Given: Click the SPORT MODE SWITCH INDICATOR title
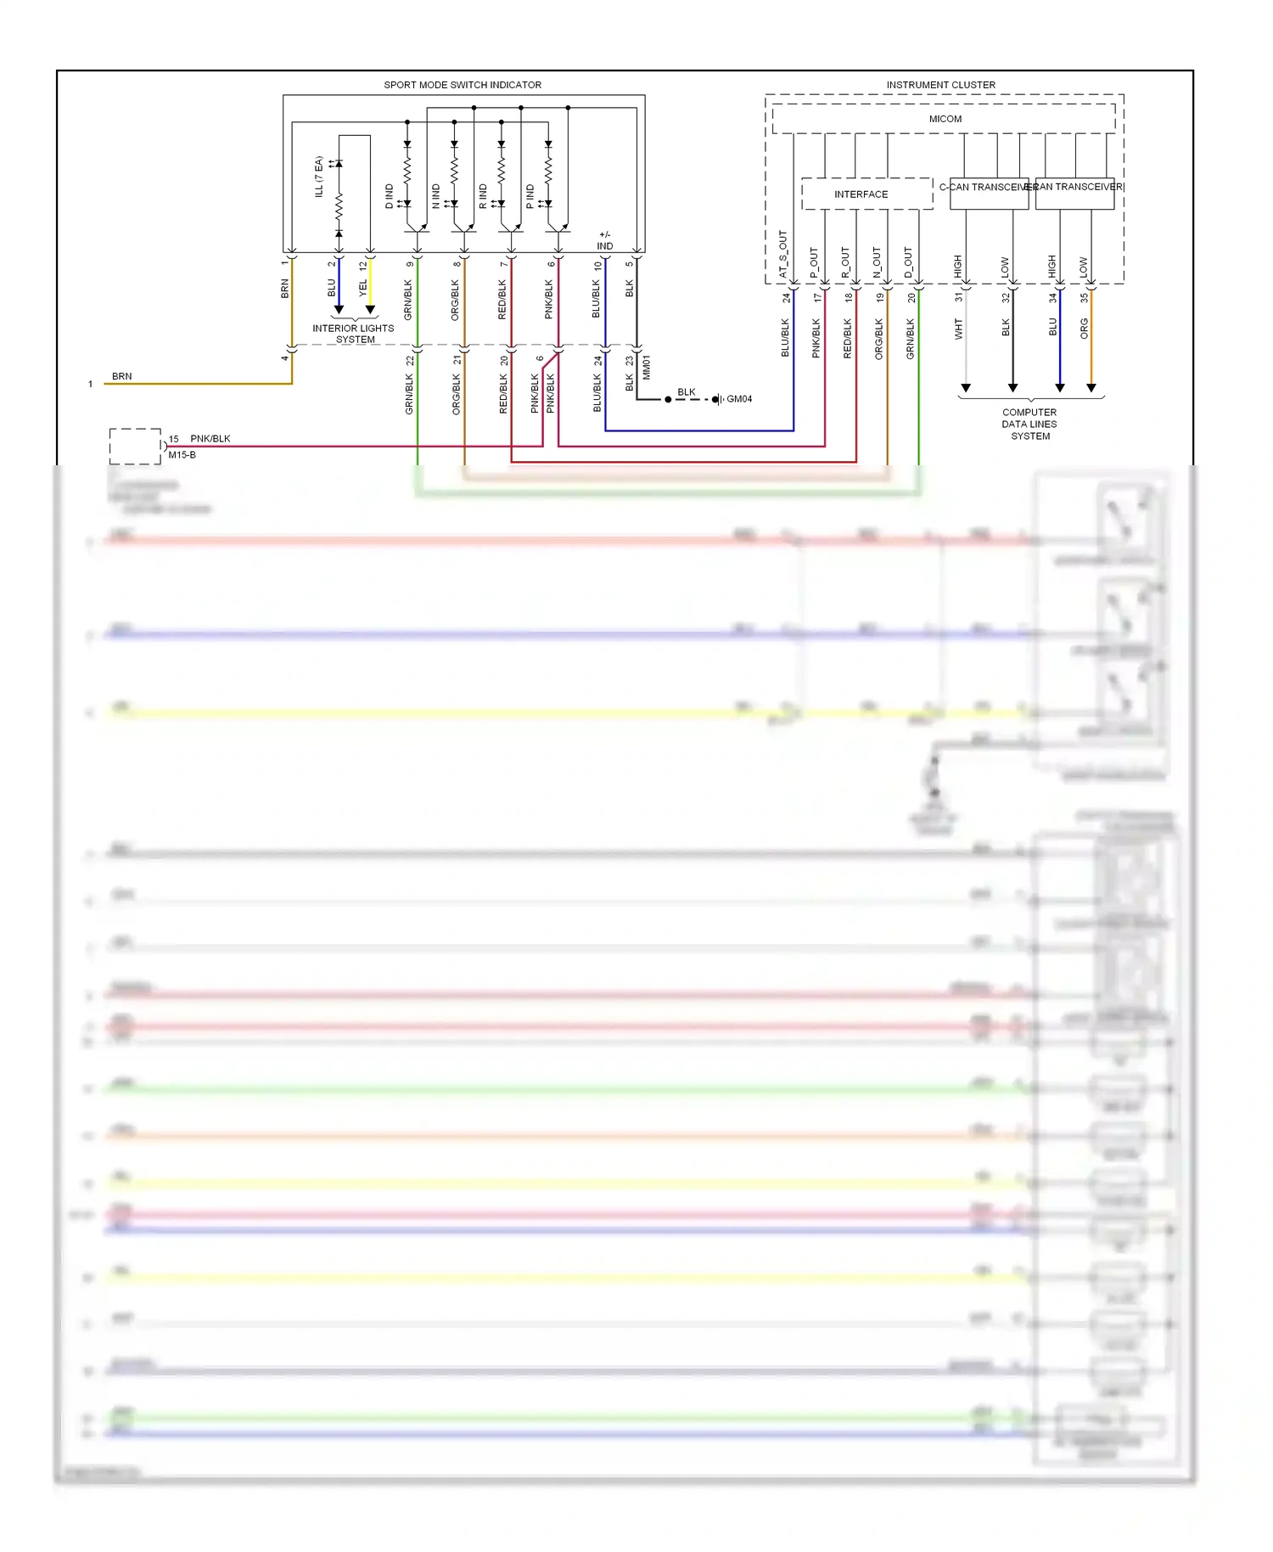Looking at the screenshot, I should (x=462, y=85).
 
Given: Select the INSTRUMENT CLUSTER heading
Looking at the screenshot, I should (x=940, y=85).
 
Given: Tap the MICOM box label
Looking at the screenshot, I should (x=945, y=119).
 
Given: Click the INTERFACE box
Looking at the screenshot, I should (x=861, y=194).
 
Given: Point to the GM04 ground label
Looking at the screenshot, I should (x=739, y=399).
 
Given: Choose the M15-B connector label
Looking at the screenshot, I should (x=182, y=455).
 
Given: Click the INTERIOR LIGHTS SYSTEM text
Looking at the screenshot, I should (x=353, y=334).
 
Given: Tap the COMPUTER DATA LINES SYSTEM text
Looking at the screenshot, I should (x=1029, y=425).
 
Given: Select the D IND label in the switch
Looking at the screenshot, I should (x=390, y=196).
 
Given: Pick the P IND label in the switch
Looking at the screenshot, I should (x=530, y=196).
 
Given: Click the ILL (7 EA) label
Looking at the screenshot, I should (x=319, y=177).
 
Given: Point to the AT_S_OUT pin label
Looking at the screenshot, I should (x=782, y=254).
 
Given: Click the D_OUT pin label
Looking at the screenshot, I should (x=908, y=262).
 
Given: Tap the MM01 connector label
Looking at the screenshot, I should (x=647, y=368).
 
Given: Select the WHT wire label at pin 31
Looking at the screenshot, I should (x=959, y=329).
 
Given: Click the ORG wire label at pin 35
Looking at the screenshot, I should (x=1084, y=329).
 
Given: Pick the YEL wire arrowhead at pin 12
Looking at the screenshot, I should (x=370, y=310).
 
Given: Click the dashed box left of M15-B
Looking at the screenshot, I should (x=135, y=447).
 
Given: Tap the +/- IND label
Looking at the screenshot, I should (x=604, y=240).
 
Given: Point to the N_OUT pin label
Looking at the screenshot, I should (x=877, y=262).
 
